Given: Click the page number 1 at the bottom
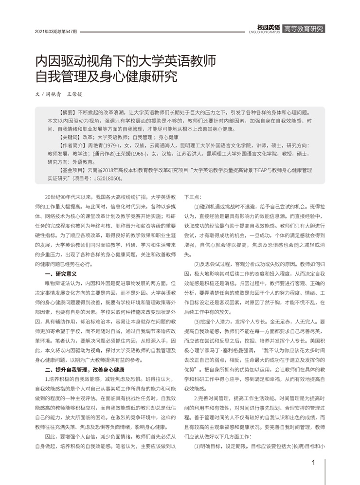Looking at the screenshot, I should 314,462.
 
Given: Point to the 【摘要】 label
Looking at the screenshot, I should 67,111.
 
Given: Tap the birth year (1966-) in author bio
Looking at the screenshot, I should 139,154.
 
